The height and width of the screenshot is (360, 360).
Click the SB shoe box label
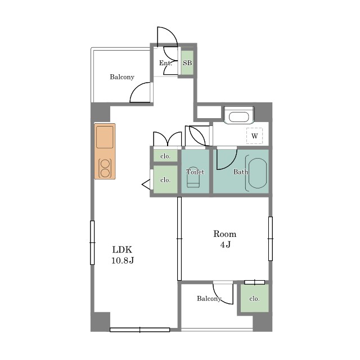coord(187,62)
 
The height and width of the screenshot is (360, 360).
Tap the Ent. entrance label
coord(165,62)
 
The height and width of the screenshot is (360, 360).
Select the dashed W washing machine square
coord(254,136)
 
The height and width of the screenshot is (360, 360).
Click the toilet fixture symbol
coord(193,178)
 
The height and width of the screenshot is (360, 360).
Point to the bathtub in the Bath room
coord(258,173)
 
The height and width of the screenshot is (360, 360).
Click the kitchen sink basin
coord(105,137)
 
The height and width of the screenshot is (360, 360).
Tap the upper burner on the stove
coord(105,164)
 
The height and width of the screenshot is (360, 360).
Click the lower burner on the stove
coord(105,173)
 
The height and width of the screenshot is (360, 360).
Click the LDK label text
coord(122,250)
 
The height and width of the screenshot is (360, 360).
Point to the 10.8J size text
coord(123,260)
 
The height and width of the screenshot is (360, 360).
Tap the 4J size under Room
coord(225,245)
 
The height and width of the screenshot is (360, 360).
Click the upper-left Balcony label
coord(122,77)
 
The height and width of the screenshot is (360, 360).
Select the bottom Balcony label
coord(209,299)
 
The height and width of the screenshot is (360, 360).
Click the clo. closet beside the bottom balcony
coord(254,298)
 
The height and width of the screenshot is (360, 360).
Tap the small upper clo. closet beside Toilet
coord(165,156)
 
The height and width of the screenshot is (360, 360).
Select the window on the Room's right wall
coord(271,238)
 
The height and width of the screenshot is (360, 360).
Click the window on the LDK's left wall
coord(92,242)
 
